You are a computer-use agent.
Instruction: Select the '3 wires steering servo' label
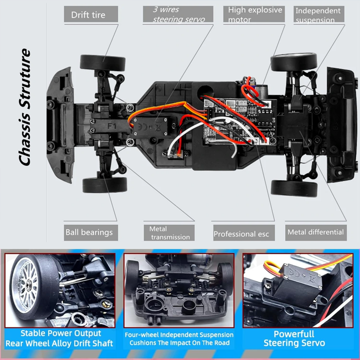[178, 14]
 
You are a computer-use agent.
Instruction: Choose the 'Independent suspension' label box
[318, 15]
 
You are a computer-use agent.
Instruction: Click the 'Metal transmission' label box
[169, 233]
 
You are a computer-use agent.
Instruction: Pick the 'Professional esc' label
[243, 233]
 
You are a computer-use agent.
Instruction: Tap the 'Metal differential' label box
[316, 232]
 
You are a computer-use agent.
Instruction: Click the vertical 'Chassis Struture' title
[25, 107]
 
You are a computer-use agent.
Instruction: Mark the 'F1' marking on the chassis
[112, 126]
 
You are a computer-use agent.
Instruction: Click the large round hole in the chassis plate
[205, 90]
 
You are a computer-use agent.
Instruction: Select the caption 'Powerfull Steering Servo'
[294, 338]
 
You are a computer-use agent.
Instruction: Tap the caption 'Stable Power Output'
[61, 333]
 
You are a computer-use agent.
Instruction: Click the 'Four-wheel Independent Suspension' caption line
[179, 335]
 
